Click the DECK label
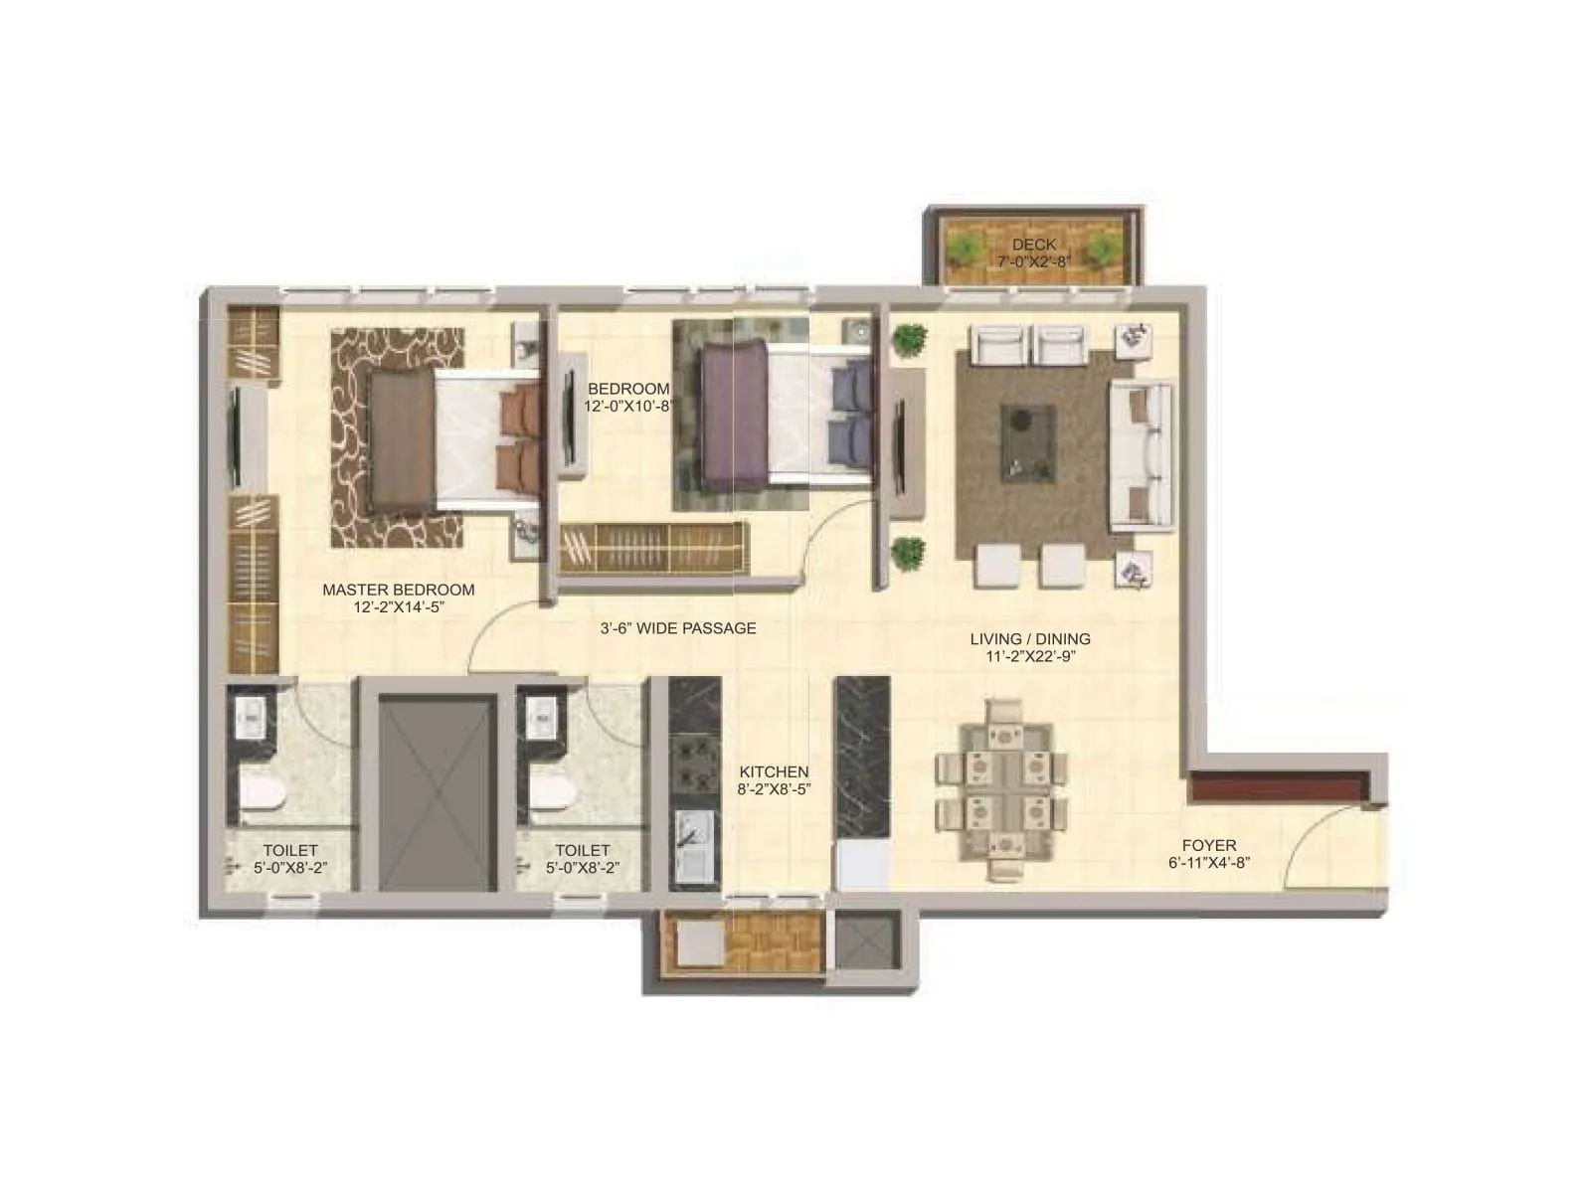coord(1034,245)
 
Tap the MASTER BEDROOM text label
coord(398,590)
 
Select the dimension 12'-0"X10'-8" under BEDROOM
coord(629,406)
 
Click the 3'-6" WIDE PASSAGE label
coord(677,628)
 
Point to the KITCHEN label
coord(774,771)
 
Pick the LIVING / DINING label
coord(1030,639)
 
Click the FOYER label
coord(1209,845)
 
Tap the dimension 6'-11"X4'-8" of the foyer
coord(1209,863)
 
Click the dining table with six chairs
coord(1002,790)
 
